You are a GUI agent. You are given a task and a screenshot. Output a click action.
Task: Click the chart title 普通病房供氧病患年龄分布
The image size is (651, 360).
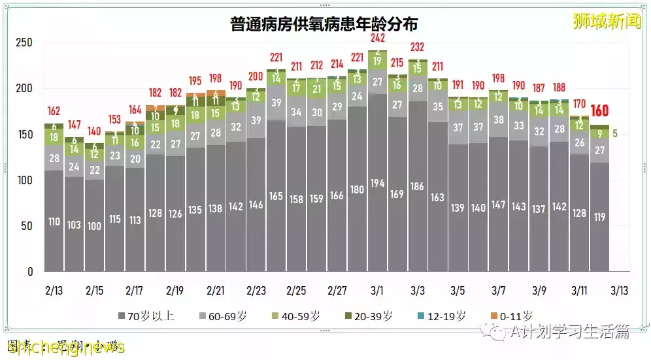[325, 24]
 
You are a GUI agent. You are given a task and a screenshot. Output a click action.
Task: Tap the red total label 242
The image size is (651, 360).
[377, 39]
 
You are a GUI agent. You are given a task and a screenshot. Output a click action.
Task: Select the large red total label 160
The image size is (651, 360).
[600, 111]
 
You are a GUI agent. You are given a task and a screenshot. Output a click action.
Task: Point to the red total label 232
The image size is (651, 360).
[418, 47]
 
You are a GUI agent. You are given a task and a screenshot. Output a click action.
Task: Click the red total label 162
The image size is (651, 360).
[54, 111]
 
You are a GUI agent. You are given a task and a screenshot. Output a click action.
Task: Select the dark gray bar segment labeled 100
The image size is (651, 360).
[94, 226]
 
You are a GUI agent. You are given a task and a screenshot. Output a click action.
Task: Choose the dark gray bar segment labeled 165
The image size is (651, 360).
[276, 196]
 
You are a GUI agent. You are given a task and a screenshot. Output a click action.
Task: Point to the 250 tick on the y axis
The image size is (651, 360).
[24, 42]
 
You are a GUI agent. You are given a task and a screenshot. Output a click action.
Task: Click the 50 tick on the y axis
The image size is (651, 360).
[27, 225]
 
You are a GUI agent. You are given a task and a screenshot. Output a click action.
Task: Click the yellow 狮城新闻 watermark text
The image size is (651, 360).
[607, 21]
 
